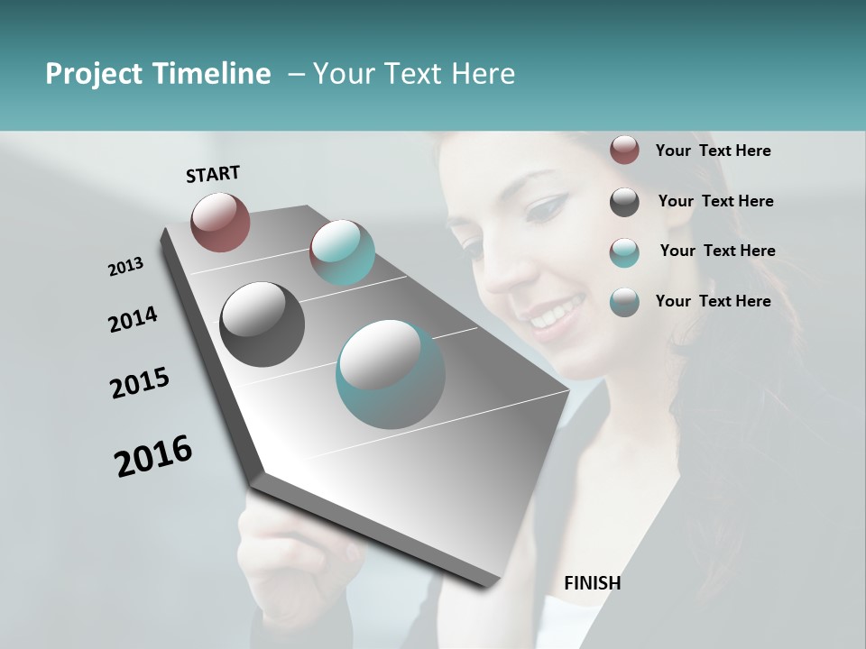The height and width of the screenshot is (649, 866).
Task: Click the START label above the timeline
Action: pyautogui.click(x=213, y=174)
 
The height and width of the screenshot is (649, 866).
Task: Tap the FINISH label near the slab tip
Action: pyautogui.click(x=592, y=583)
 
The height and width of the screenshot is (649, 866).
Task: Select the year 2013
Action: pyautogui.click(x=125, y=266)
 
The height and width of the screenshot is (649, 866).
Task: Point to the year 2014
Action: pyautogui.click(x=133, y=319)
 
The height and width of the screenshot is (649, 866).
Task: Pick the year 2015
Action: pyautogui.click(x=140, y=383)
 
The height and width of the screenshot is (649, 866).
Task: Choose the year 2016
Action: pyautogui.click(x=153, y=456)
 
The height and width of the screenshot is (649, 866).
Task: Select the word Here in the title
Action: pyautogui.click(x=482, y=74)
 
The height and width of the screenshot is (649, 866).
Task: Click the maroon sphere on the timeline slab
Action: pyautogui.click(x=220, y=222)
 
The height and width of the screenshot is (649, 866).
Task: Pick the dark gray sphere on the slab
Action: pyautogui.click(x=262, y=324)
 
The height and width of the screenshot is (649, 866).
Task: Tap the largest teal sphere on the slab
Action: pyautogui.click(x=390, y=374)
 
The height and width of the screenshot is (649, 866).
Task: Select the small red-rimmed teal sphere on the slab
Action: pyautogui.click(x=342, y=252)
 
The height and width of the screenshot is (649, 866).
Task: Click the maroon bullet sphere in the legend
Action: pyautogui.click(x=624, y=150)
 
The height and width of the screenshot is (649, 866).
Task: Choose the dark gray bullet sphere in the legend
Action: pyautogui.click(x=624, y=202)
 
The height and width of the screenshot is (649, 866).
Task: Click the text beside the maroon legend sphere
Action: pyautogui.click(x=713, y=151)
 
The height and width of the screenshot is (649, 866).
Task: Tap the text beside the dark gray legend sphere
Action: pyautogui.click(x=715, y=201)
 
